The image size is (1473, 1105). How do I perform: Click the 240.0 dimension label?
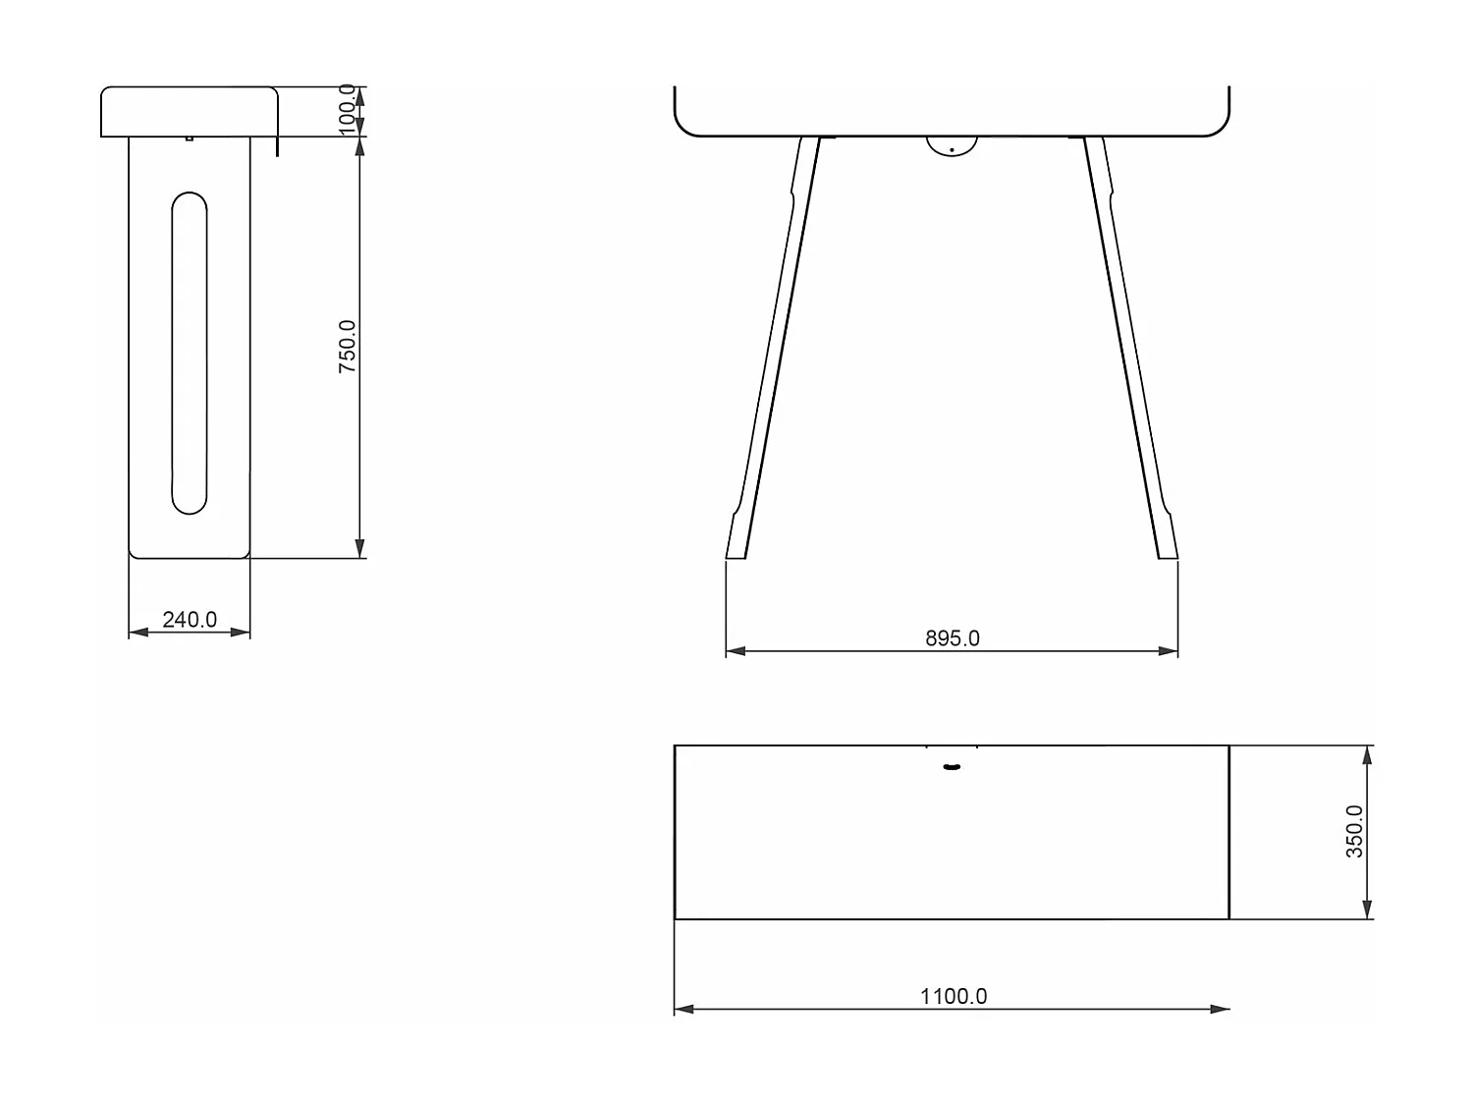click(190, 620)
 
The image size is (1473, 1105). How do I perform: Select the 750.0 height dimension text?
click(348, 346)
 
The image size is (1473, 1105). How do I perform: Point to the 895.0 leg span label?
click(953, 638)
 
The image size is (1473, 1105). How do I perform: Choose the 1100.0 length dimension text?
click(954, 996)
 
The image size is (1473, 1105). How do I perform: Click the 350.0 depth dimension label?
click(1354, 831)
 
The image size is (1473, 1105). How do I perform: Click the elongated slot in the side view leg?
click(190, 354)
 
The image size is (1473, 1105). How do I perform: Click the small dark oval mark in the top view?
click(951, 766)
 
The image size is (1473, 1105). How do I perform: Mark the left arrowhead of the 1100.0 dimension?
click(683, 1009)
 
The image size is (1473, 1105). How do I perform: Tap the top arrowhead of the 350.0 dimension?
click(1368, 753)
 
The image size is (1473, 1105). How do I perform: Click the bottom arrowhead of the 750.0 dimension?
click(360, 549)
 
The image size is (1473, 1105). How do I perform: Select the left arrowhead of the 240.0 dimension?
click(137, 633)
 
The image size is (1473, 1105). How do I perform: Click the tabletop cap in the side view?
click(189, 111)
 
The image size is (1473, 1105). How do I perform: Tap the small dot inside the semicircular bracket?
click(952, 149)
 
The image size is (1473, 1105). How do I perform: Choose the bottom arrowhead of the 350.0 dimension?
click(1368, 911)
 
